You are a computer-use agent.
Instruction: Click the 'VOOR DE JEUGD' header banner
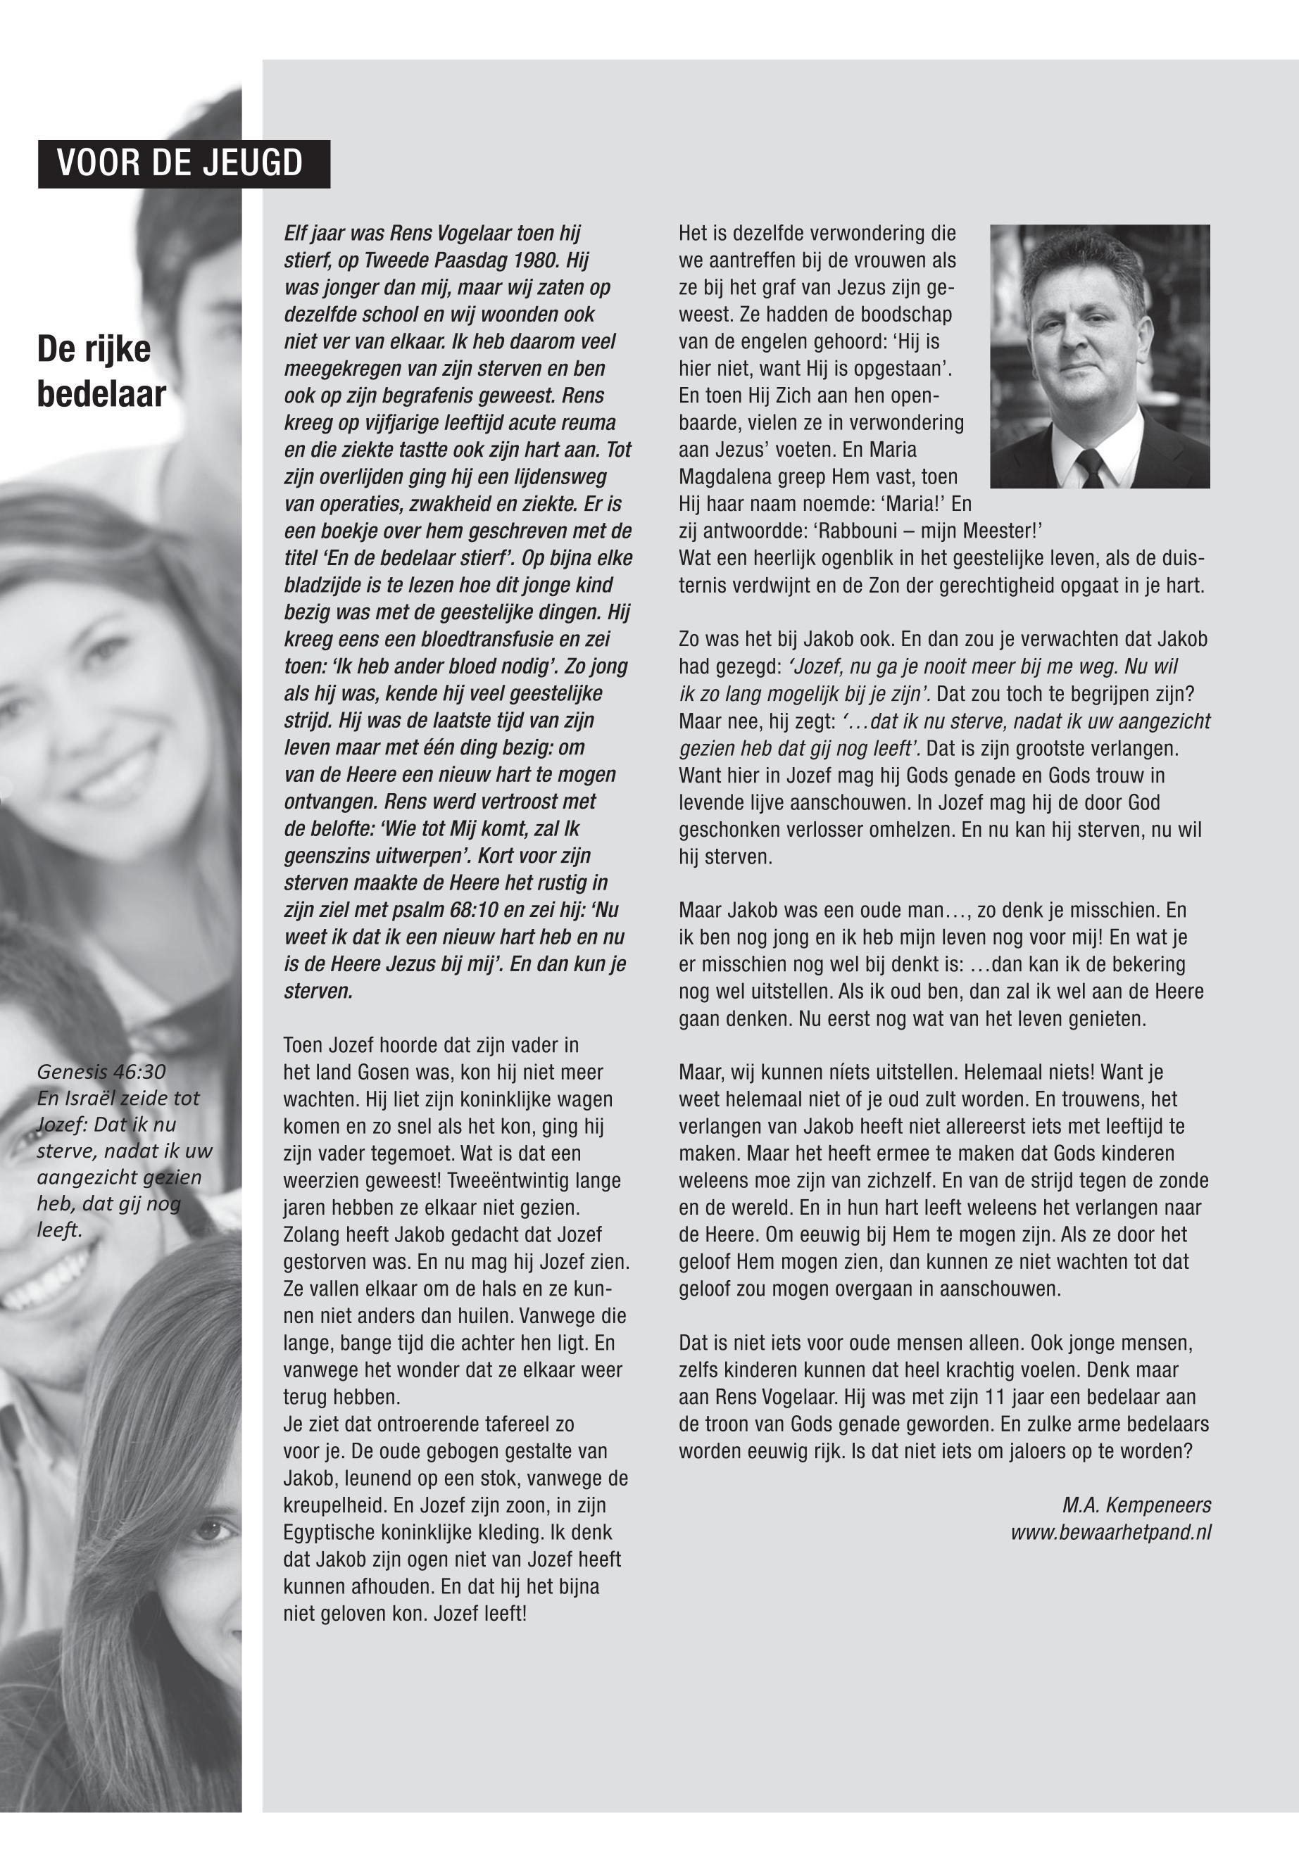pos(183,163)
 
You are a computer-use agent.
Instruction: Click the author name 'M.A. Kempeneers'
pos(1136,1505)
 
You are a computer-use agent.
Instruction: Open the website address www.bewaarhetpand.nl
pos(1110,1533)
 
